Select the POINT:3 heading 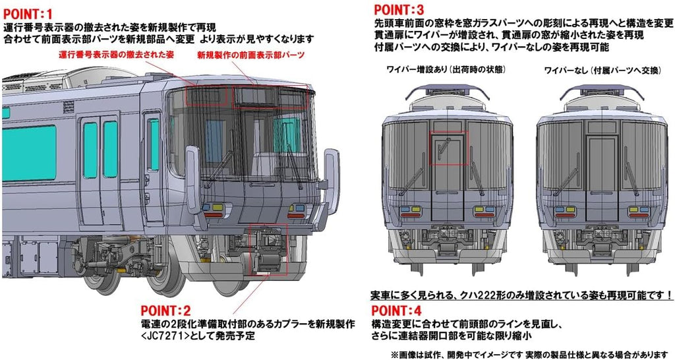(399, 9)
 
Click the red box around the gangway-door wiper (448, 148)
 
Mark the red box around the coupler (268, 249)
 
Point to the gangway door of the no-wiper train (601, 162)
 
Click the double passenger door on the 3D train (100, 158)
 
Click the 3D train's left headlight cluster (213, 209)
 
